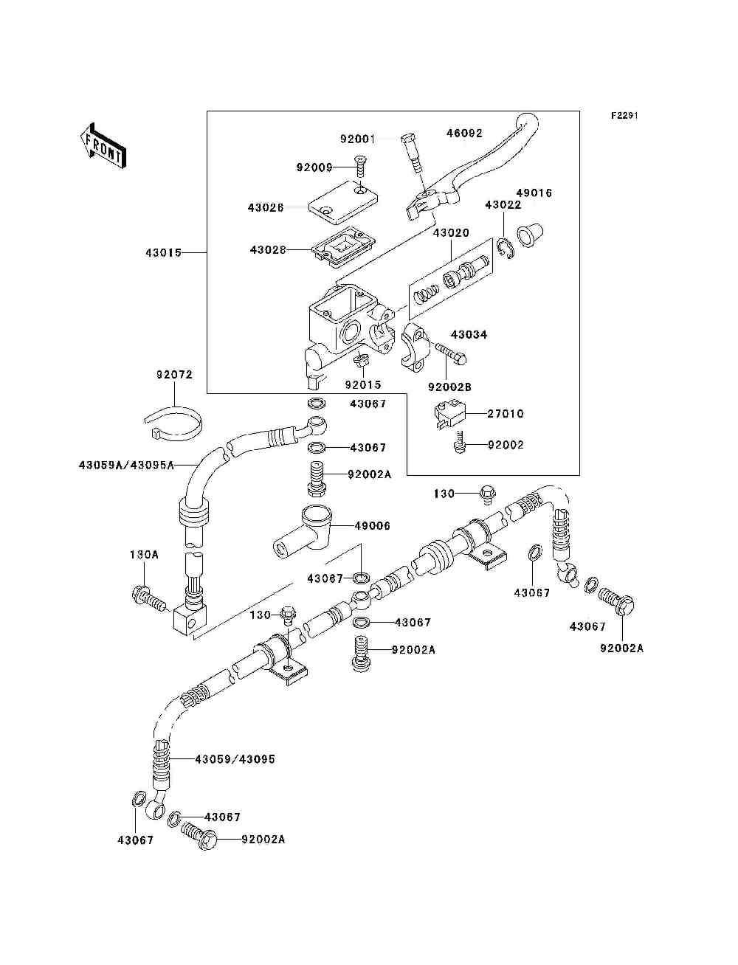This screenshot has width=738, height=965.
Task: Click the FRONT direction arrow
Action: coord(103,145)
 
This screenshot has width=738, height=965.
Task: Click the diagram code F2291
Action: coord(624,116)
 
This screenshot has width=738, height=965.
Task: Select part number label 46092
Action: coord(464,133)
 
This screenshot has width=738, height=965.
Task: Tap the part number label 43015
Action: coord(164,253)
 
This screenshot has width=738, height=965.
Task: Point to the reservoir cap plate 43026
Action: coord(342,206)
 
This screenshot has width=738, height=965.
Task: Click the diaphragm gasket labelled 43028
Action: coord(343,247)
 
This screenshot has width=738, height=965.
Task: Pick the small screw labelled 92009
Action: coord(362,167)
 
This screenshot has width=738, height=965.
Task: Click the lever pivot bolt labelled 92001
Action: coord(412,154)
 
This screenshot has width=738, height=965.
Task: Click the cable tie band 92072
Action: coord(175,423)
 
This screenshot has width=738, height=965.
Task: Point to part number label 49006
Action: coord(372,526)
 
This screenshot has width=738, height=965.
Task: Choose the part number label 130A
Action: coord(144,555)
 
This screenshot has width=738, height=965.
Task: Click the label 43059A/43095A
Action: coord(127,465)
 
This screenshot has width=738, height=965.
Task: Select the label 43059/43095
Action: coord(235,759)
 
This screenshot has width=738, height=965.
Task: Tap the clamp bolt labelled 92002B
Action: coord(451,354)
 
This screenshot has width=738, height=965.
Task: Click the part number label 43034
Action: coord(469,334)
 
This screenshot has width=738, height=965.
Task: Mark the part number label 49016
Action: coord(534,193)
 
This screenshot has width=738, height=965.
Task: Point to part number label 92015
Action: coord(363,384)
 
